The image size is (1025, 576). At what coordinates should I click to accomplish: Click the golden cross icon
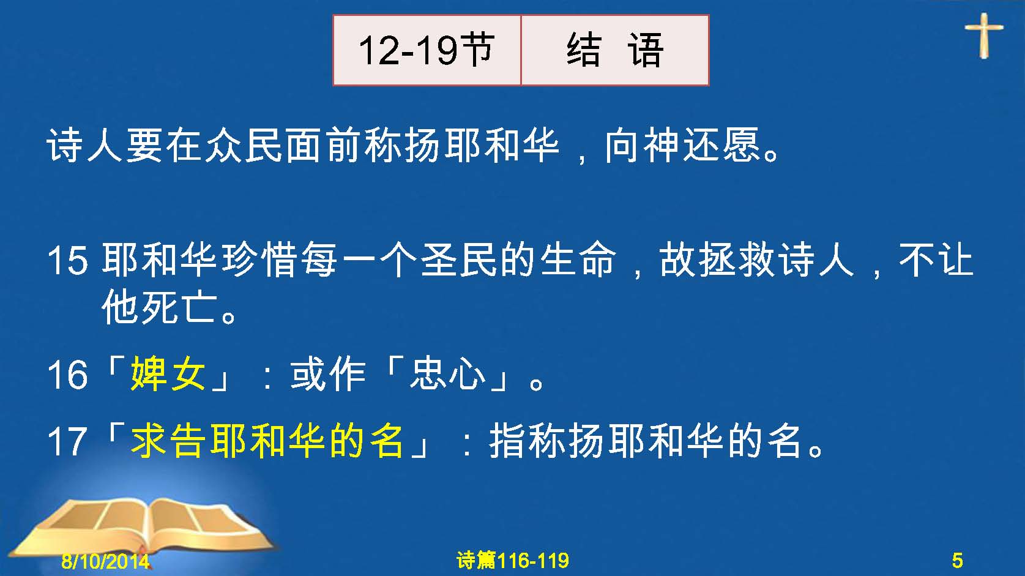(x=984, y=36)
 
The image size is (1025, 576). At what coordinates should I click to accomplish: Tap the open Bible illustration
(x=142, y=526)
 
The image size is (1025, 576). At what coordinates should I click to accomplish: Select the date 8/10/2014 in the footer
(x=105, y=561)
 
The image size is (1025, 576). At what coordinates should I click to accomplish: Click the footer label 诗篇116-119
(x=513, y=561)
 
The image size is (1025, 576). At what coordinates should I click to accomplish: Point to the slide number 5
(x=957, y=561)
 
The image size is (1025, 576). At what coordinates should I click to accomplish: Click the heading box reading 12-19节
(x=427, y=50)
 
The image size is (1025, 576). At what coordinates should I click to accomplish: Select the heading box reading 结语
(x=615, y=50)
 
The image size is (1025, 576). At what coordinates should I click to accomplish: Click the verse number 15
(x=67, y=261)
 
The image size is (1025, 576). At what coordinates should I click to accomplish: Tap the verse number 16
(x=67, y=375)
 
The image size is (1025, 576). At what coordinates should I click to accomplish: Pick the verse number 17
(x=67, y=441)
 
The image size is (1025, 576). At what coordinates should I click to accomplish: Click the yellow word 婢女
(x=168, y=374)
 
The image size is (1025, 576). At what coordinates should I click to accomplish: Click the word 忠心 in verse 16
(x=448, y=374)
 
